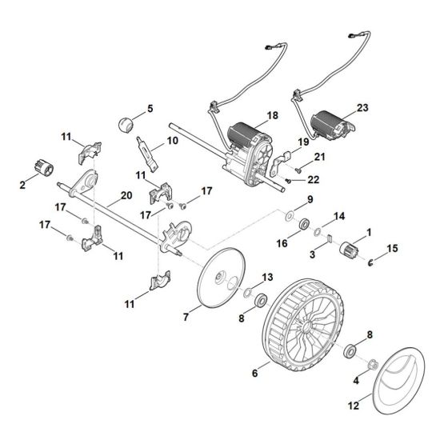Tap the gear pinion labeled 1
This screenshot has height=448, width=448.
pos(349,249)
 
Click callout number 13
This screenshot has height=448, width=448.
pos(267,277)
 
